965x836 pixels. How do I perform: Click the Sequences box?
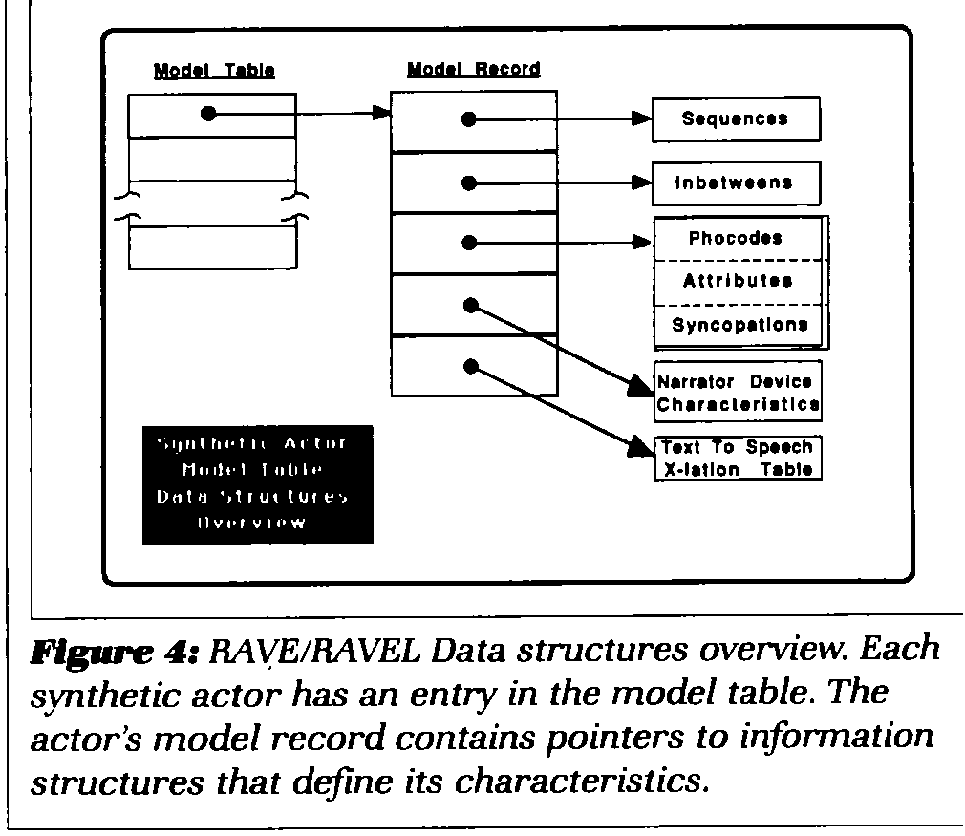pyautogui.click(x=736, y=119)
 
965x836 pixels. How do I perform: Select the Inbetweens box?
pyautogui.click(x=736, y=182)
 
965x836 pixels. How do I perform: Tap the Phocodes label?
pyautogui.click(x=735, y=239)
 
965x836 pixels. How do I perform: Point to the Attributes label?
pyautogui.click(x=737, y=281)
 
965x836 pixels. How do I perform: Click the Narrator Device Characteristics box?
pyautogui.click(x=738, y=392)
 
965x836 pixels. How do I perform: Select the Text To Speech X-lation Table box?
pyautogui.click(x=738, y=458)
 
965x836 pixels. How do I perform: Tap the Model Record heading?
pyautogui.click(x=473, y=70)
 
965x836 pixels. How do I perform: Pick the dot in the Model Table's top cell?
pyautogui.click(x=209, y=114)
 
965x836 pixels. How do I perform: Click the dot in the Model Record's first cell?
pyautogui.click(x=468, y=119)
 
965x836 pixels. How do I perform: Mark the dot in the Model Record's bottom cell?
pyautogui.click(x=468, y=365)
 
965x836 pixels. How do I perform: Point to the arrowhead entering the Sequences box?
pyautogui.click(x=642, y=119)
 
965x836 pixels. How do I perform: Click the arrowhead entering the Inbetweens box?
pyautogui.click(x=642, y=182)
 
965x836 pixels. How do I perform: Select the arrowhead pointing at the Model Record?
pyautogui.click(x=381, y=114)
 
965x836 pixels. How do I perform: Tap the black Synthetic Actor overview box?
pyautogui.click(x=257, y=483)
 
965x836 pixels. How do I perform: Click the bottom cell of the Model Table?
pyautogui.click(x=212, y=247)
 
